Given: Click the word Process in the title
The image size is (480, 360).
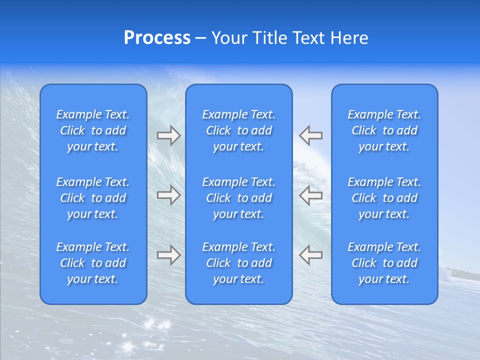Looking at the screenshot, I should tap(157, 38).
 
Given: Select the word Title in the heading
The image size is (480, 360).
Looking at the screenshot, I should tap(268, 38).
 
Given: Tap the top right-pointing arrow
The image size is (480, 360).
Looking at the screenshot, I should tap(168, 135).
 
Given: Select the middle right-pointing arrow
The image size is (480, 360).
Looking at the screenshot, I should tap(168, 195).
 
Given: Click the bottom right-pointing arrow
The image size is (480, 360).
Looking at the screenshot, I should tap(168, 254).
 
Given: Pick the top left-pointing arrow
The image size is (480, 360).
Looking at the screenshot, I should tap(311, 135).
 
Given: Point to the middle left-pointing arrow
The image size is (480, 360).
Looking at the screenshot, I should tap(311, 195).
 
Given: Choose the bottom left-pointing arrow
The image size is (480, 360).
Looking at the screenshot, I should tap(311, 254).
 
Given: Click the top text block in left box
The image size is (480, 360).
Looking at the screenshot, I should tap(93, 130).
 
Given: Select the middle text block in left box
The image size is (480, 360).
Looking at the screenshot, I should tap(93, 198).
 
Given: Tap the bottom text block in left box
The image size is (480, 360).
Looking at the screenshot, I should tap(93, 263).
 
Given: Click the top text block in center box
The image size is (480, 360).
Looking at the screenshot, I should tap(238, 130).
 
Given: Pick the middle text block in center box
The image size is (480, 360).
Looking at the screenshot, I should tap(238, 198).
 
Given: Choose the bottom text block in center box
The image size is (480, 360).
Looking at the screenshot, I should tap(238, 263).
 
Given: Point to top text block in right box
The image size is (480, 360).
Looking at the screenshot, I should tap(384, 130).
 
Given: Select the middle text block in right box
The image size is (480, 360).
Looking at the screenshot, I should tap(384, 198).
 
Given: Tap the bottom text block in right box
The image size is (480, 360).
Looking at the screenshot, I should tap(384, 263).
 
